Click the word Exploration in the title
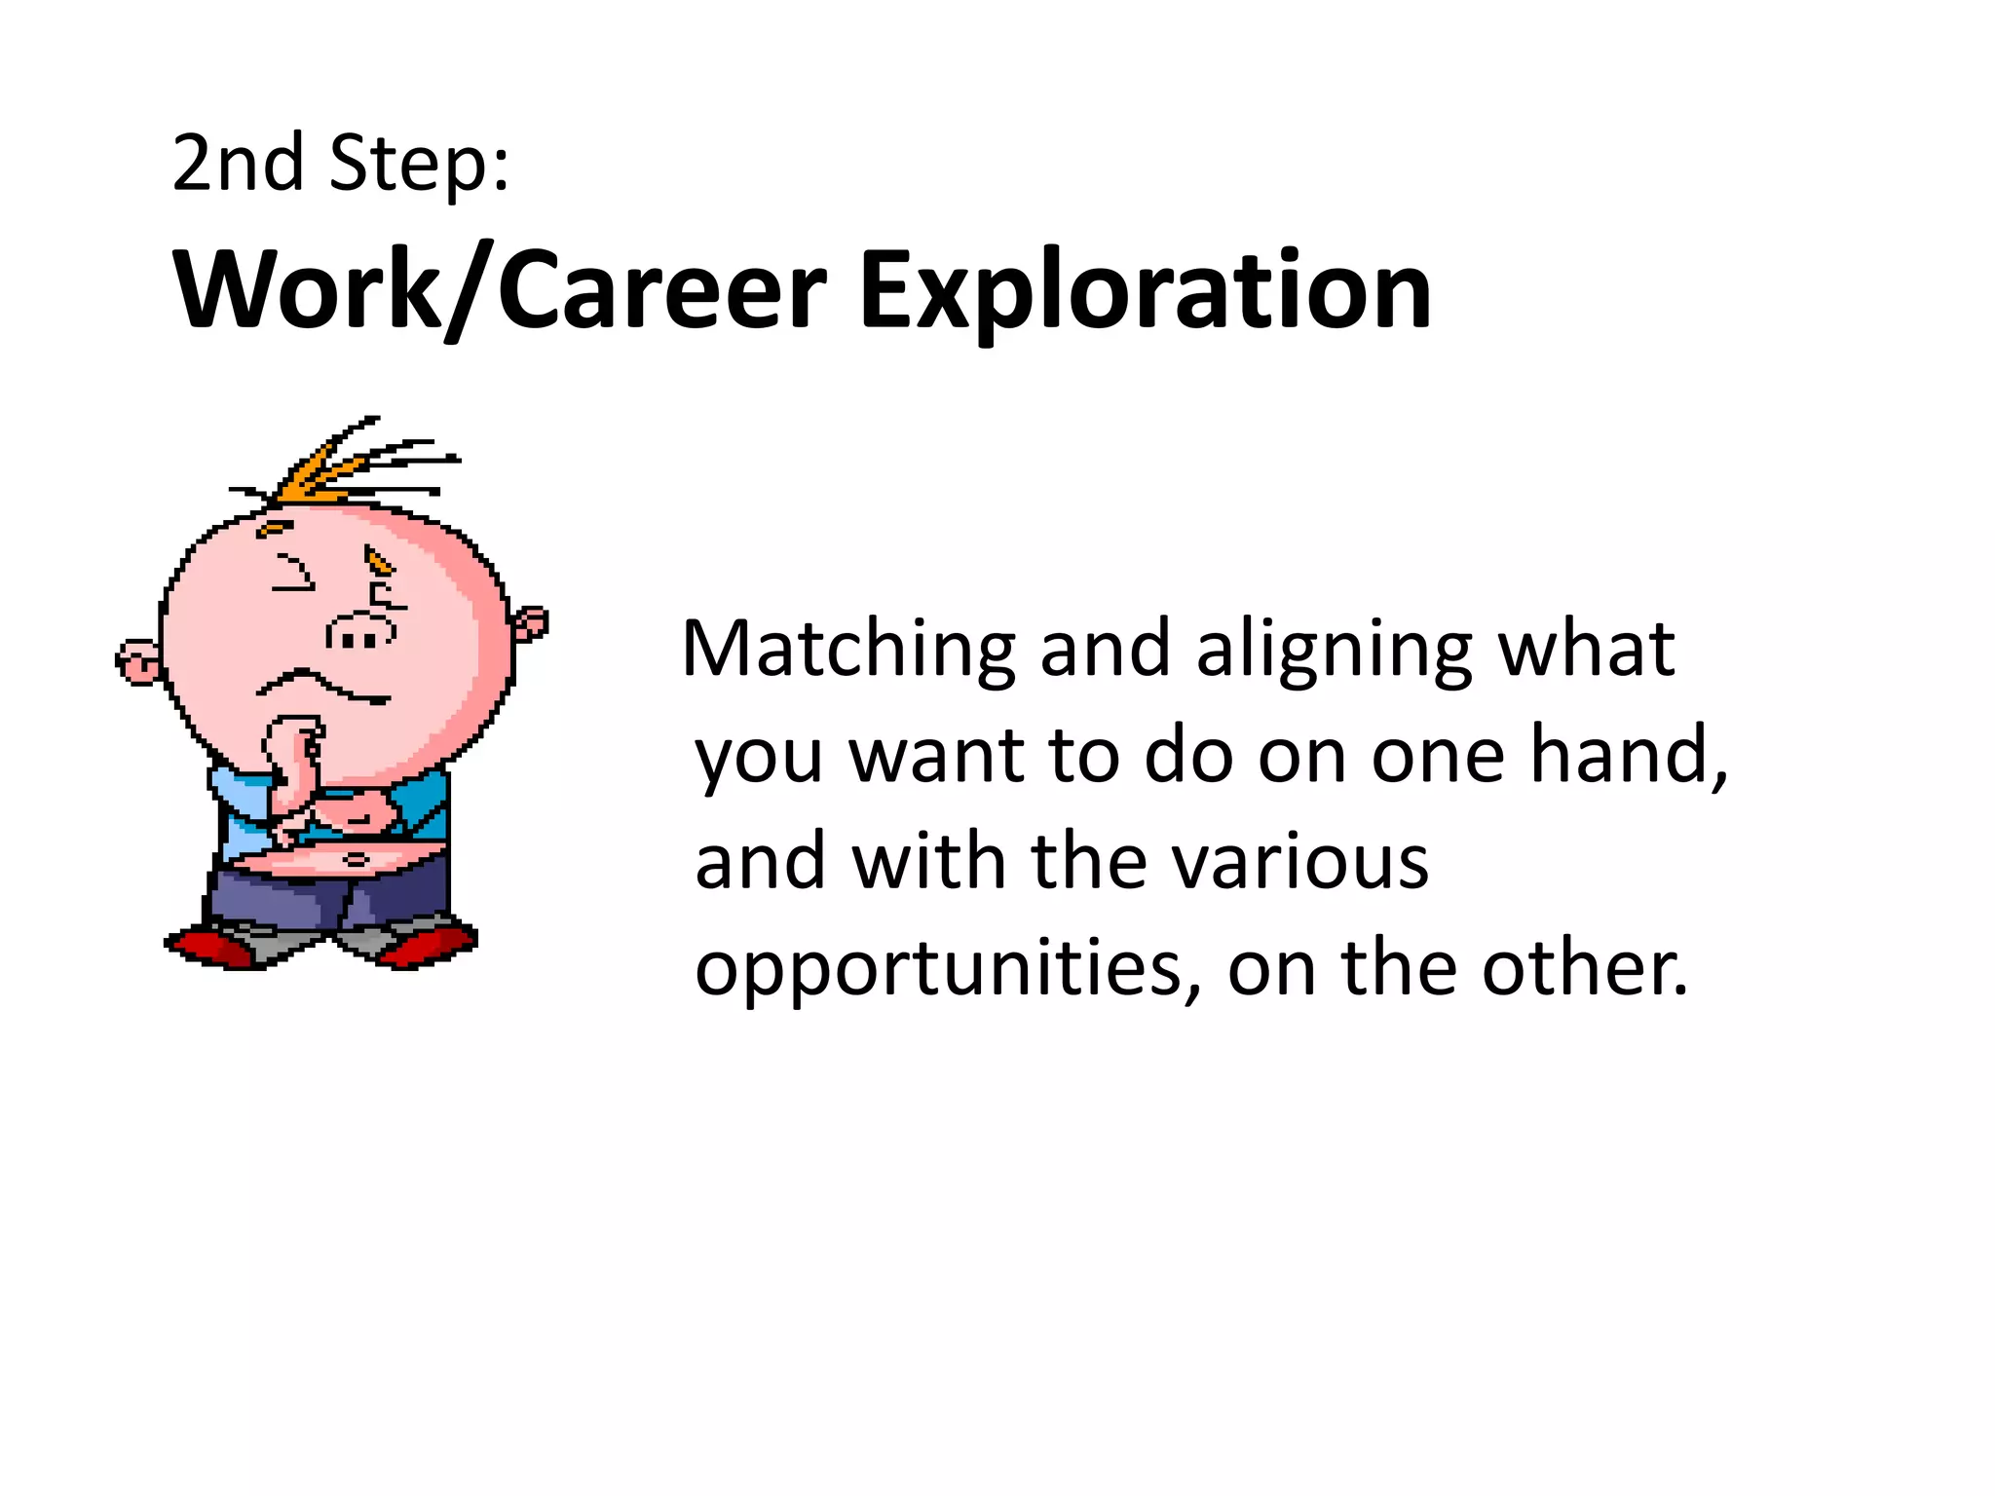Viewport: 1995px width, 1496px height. [x=1145, y=290]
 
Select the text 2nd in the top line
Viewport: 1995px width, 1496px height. [x=238, y=163]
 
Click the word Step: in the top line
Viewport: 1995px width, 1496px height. [x=420, y=163]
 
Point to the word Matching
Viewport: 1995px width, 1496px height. [x=848, y=650]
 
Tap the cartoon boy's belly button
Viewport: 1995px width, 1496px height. [x=357, y=859]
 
